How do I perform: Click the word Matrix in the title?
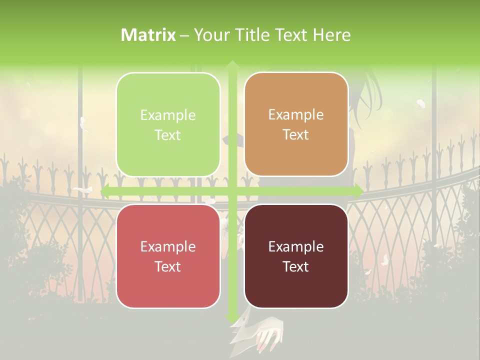pyautogui.click(x=148, y=35)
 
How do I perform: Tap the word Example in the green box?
pyautogui.click(x=168, y=115)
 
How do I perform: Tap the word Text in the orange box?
pyautogui.click(x=296, y=135)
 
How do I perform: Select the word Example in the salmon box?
pyautogui.click(x=168, y=246)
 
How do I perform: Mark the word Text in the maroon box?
pyautogui.click(x=296, y=266)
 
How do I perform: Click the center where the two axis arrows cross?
pyautogui.click(x=232, y=191)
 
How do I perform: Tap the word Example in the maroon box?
pyautogui.click(x=296, y=246)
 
